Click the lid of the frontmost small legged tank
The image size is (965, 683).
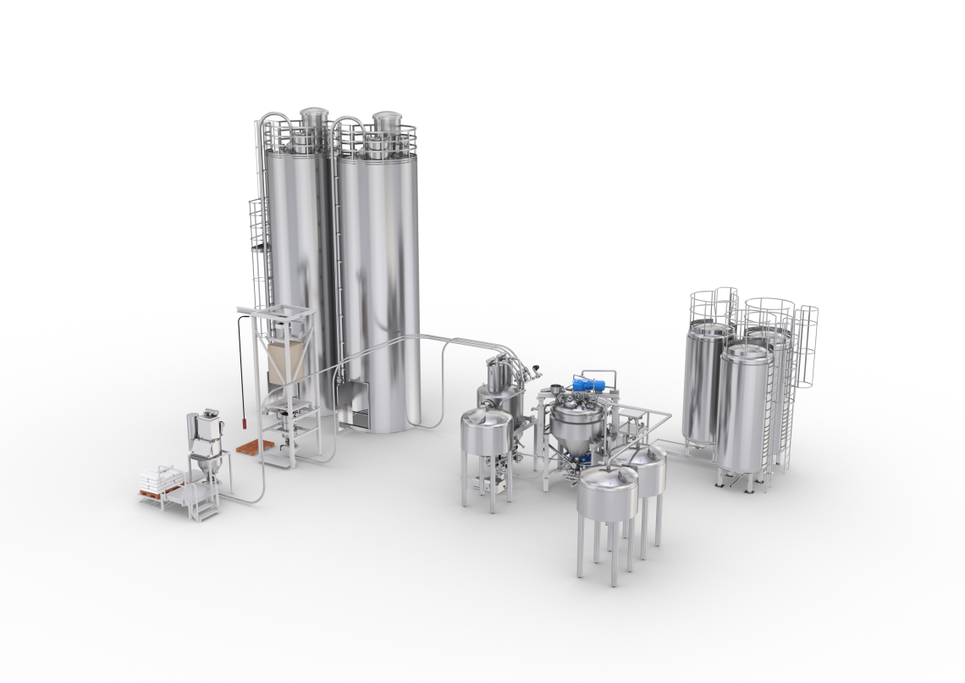(608, 480)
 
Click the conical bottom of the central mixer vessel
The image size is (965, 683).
(576, 445)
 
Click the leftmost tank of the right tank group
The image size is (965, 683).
(704, 381)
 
